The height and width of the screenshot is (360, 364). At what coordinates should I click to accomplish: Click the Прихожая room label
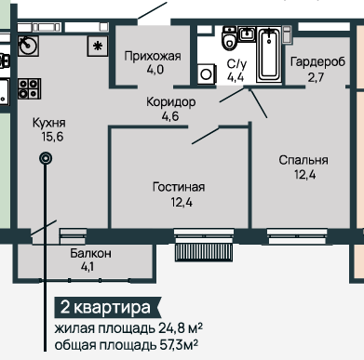coord(153,57)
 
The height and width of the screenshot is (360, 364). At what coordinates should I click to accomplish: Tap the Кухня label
coord(49,123)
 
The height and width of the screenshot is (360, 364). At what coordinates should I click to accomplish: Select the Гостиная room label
coord(179,187)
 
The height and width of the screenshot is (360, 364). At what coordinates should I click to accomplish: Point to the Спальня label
coord(303,160)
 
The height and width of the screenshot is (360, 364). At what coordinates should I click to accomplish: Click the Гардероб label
coord(317,61)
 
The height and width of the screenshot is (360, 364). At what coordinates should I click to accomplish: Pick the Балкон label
coord(90,253)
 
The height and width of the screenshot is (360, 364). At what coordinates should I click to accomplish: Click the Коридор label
coord(171,101)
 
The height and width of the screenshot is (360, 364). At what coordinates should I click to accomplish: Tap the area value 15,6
coord(52,137)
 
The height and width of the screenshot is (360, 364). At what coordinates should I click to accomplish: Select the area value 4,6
coord(170,116)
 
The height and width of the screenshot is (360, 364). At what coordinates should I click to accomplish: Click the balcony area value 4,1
coord(88,267)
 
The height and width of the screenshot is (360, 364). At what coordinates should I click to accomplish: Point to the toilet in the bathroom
coord(230,38)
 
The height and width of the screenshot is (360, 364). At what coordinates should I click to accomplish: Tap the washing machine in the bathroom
coord(207,74)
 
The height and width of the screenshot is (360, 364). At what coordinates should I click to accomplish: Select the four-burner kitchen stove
coord(29,88)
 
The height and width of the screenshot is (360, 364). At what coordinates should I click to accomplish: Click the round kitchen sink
coord(28,47)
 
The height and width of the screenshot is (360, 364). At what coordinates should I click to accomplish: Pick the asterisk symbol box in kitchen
coord(98,47)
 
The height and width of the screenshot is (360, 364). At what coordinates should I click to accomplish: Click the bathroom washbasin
coord(247,33)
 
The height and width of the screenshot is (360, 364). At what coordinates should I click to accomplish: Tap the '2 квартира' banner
coord(108,308)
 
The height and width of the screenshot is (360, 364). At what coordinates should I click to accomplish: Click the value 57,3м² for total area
coord(179,345)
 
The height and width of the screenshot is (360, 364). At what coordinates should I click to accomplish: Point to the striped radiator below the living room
coord(204,252)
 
